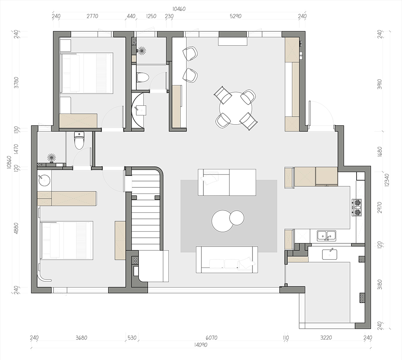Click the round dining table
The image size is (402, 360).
coord(236,108)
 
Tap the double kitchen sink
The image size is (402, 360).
coord(326,236)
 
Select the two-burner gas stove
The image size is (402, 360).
coord(357,207)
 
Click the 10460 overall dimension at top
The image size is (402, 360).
coord(179,9)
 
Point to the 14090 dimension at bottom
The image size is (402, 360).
coord(200,345)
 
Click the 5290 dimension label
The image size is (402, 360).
coord(236,16)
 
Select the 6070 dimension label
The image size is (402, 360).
coord(211,338)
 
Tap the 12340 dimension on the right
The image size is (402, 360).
coord(387,180)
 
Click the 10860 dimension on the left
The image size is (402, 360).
coord(9,162)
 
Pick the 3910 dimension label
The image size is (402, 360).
coord(380,84)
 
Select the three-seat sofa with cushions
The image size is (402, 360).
coord(227,259)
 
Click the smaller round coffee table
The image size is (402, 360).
coord(237,218)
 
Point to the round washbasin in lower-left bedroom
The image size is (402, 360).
coord(44,180)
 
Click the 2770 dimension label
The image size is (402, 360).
coord(92,16)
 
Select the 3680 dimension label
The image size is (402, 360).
coord(82,338)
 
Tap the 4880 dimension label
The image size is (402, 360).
coord(16,227)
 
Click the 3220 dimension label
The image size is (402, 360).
coord(326,338)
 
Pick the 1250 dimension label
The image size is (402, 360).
coord(151,16)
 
